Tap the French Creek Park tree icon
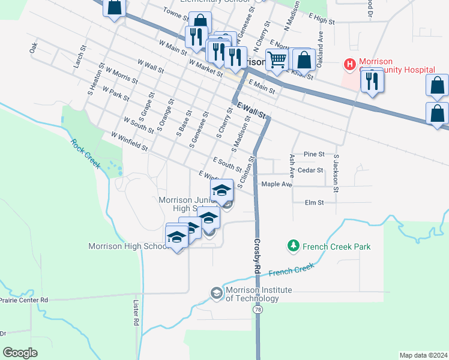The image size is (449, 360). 293,245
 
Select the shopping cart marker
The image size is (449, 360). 277,59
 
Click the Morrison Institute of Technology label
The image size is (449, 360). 258,294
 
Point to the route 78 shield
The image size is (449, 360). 258,310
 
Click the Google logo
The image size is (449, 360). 20,353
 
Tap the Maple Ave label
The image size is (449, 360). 276,184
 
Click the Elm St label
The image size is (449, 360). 314,203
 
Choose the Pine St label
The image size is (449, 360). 313,154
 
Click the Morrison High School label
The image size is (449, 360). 128,246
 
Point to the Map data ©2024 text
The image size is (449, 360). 423,355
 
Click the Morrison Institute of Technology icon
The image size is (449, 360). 215,292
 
